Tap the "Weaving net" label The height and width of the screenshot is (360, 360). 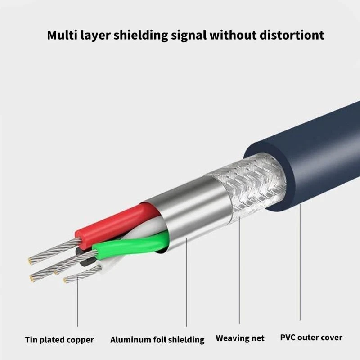click(x=240, y=338)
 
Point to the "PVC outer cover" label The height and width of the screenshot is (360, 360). click(x=311, y=337)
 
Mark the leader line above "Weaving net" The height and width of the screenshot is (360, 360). click(x=239, y=270)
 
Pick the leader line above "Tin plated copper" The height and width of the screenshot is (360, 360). click(x=77, y=301)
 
